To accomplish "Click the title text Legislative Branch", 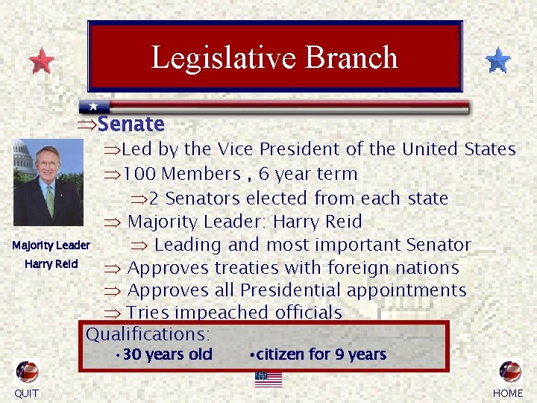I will tap(274, 57).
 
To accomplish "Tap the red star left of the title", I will tap(42, 61).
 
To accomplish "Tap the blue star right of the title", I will tap(497, 60).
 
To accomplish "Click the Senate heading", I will tap(131, 124).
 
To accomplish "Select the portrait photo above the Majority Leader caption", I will tap(48, 183).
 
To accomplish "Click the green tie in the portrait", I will tap(50, 199).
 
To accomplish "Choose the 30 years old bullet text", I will tap(167, 354).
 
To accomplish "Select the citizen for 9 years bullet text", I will tap(319, 354).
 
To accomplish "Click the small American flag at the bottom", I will tap(268, 378).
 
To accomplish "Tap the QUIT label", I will tap(27, 393).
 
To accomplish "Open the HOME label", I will tap(509, 393).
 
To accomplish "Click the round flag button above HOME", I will tap(510, 372).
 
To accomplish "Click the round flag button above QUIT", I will tap(28, 372).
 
